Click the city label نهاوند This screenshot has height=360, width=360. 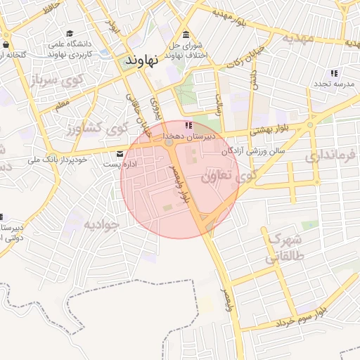pyautogui.click(x=142, y=61)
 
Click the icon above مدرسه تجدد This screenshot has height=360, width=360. pyautogui.click(x=334, y=73)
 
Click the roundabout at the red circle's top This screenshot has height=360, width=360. pyautogui.click(x=169, y=143)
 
